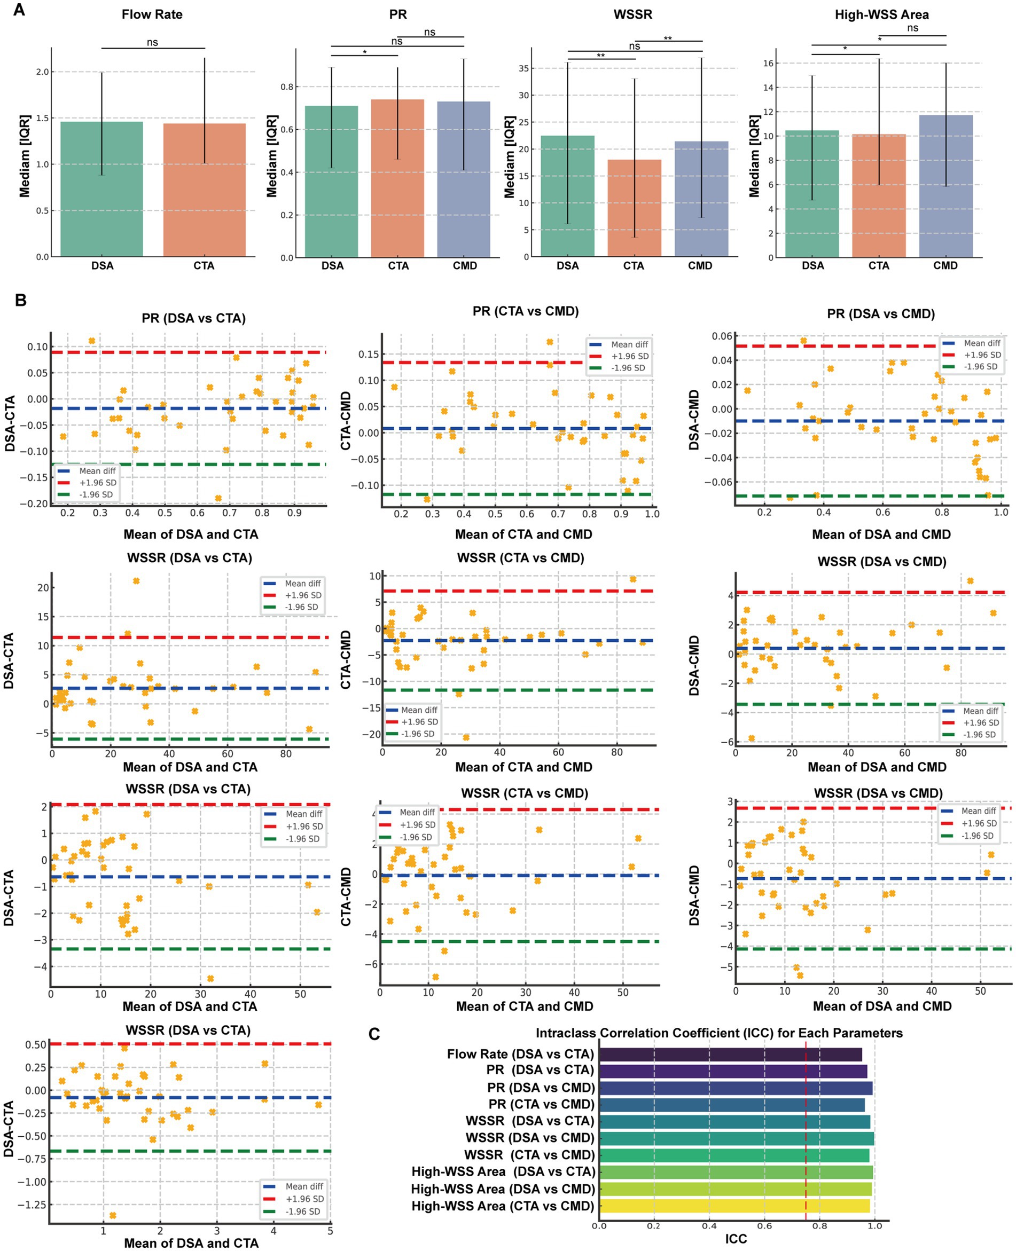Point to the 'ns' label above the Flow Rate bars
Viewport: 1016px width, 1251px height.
point(152,42)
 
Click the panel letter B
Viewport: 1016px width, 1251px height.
point(20,300)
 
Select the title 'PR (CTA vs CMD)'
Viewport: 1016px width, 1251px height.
point(525,311)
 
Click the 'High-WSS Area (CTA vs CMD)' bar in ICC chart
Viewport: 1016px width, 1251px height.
point(734,1206)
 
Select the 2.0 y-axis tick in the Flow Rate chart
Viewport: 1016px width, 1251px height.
point(43,72)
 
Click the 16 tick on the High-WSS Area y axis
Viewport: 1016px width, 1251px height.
point(769,63)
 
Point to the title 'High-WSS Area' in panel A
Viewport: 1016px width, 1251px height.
point(881,14)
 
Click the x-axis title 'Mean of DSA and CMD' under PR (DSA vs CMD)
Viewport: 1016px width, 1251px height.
point(881,534)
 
